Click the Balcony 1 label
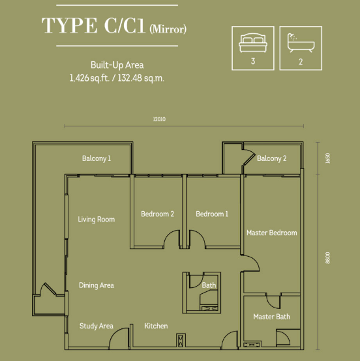[97, 158]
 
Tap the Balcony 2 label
[271, 158]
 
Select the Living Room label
[96, 219]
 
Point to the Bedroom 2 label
[157, 214]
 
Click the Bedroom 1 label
[212, 214]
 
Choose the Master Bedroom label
[272, 233]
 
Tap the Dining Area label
[97, 285]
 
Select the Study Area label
[97, 326]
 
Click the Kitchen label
[156, 326]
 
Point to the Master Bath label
[271, 317]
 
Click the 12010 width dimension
[159, 119]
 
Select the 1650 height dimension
[327, 158]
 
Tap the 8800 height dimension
[327, 258]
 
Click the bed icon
[253, 43]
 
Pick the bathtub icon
[301, 43]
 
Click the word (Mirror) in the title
[168, 29]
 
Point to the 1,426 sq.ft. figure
[89, 78]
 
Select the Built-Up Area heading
[117, 65]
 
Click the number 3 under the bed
[253, 61]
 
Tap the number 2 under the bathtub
[301, 62]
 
